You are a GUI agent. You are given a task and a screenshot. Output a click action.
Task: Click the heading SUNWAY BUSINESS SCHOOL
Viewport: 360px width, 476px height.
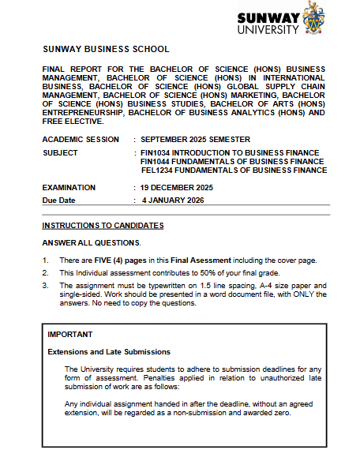(x=106, y=49)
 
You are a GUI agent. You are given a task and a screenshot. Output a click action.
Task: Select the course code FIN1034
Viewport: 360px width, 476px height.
(x=158, y=152)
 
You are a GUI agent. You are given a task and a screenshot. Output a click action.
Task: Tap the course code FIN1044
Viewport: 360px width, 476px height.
(x=158, y=161)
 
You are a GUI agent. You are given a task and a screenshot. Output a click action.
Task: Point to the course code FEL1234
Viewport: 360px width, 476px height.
(x=159, y=170)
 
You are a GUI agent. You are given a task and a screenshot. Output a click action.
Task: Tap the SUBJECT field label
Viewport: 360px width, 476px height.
(x=61, y=152)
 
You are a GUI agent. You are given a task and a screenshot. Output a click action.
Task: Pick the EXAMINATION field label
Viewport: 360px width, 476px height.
(x=69, y=188)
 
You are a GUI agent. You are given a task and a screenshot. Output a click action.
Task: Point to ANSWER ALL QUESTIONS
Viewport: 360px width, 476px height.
(x=91, y=242)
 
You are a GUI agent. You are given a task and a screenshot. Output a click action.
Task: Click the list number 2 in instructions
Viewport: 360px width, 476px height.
(x=46, y=272)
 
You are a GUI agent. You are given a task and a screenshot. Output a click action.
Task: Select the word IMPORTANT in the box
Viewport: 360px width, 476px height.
(x=69, y=335)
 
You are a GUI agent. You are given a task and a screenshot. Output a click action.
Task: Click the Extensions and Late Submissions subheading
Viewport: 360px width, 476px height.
(x=109, y=352)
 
